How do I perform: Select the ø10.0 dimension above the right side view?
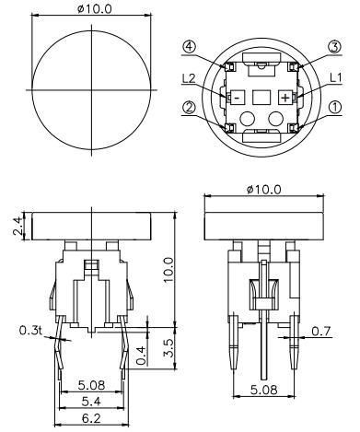tap(261, 190)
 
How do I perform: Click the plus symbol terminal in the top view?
tap(285, 96)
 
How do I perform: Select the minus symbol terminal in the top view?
tap(237, 96)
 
